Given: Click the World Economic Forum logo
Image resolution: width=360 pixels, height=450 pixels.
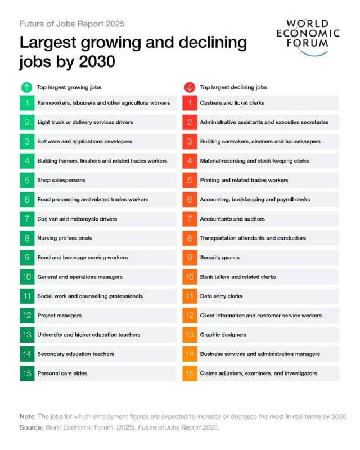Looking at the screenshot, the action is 308,37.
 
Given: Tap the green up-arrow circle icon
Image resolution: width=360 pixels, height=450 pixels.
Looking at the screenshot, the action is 26,87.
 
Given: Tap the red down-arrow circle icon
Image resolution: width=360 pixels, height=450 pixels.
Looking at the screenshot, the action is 190,87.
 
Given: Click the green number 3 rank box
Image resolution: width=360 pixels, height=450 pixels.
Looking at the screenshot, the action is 27,142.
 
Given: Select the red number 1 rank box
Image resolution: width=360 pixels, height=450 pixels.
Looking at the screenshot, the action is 190,103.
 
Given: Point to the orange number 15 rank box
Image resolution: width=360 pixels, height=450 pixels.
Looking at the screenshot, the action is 190,373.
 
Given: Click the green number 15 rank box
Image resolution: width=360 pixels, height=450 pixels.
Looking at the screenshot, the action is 27,373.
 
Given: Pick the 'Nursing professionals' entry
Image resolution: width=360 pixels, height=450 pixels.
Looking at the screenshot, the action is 65,238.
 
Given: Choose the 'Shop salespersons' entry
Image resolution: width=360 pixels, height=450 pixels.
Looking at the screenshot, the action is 61,180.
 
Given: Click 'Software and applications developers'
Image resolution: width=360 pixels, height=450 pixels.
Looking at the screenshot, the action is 85,142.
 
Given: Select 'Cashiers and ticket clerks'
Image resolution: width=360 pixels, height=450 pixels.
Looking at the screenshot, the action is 232,103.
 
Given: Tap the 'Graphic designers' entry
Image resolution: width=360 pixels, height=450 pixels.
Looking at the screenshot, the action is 223,335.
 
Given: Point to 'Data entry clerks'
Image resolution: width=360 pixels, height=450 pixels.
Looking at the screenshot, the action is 221,296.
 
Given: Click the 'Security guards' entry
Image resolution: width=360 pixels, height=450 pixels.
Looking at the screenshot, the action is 219,258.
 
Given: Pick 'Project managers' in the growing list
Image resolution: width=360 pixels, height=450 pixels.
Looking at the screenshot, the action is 60,316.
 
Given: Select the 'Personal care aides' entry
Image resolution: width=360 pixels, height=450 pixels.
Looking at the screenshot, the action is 62,373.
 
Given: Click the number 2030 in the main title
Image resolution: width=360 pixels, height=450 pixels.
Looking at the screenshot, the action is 97,61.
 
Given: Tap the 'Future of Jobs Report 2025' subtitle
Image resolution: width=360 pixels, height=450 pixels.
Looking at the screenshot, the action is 72,24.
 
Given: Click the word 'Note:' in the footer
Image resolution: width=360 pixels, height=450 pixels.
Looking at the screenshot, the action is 28,416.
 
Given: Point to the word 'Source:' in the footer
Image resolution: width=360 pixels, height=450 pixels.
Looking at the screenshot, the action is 31,427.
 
